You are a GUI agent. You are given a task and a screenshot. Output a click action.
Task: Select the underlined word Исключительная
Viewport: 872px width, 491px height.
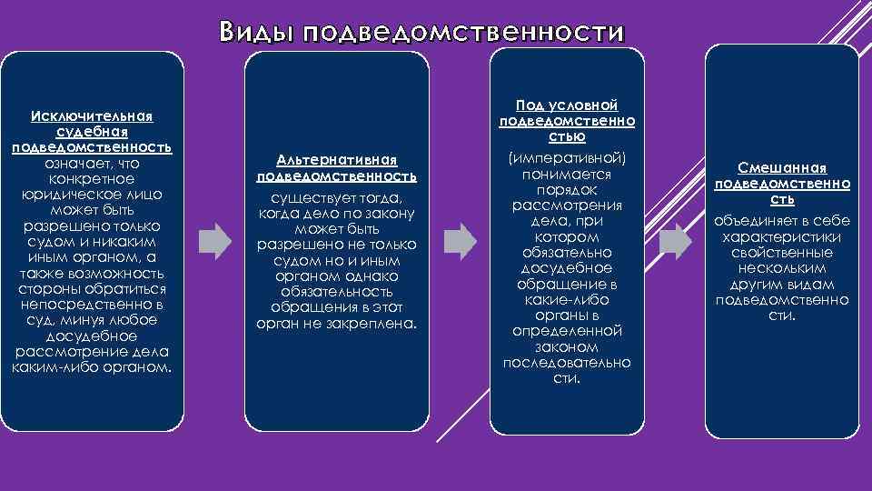(x=92, y=116)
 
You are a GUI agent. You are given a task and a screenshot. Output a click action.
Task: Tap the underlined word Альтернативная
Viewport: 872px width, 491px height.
(x=337, y=160)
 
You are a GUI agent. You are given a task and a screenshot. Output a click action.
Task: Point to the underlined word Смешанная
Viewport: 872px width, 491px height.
(x=782, y=168)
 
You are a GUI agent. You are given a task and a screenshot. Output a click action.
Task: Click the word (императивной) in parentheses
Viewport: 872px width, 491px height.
(x=568, y=157)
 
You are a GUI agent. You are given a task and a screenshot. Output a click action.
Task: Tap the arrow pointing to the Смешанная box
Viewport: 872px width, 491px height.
(x=675, y=240)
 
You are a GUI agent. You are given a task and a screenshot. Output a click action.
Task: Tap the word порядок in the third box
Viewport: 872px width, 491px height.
(x=567, y=188)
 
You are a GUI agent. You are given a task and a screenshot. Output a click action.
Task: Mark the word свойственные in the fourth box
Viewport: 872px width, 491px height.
(x=782, y=252)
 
